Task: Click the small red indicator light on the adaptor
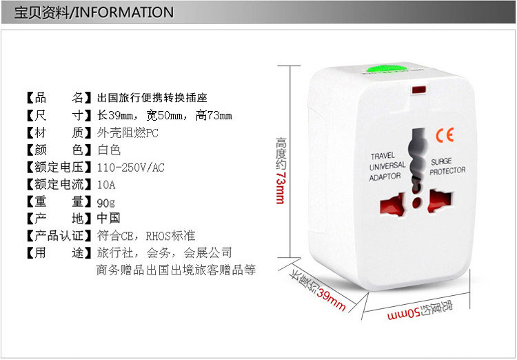click(x=418, y=90)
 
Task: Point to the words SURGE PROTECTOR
click(x=447, y=166)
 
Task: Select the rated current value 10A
click(x=107, y=185)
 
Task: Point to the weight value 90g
click(x=106, y=202)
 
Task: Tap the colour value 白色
click(x=109, y=150)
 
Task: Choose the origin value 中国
click(x=109, y=219)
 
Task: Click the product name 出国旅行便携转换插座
click(x=152, y=97)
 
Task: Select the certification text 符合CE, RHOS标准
click(x=146, y=236)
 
